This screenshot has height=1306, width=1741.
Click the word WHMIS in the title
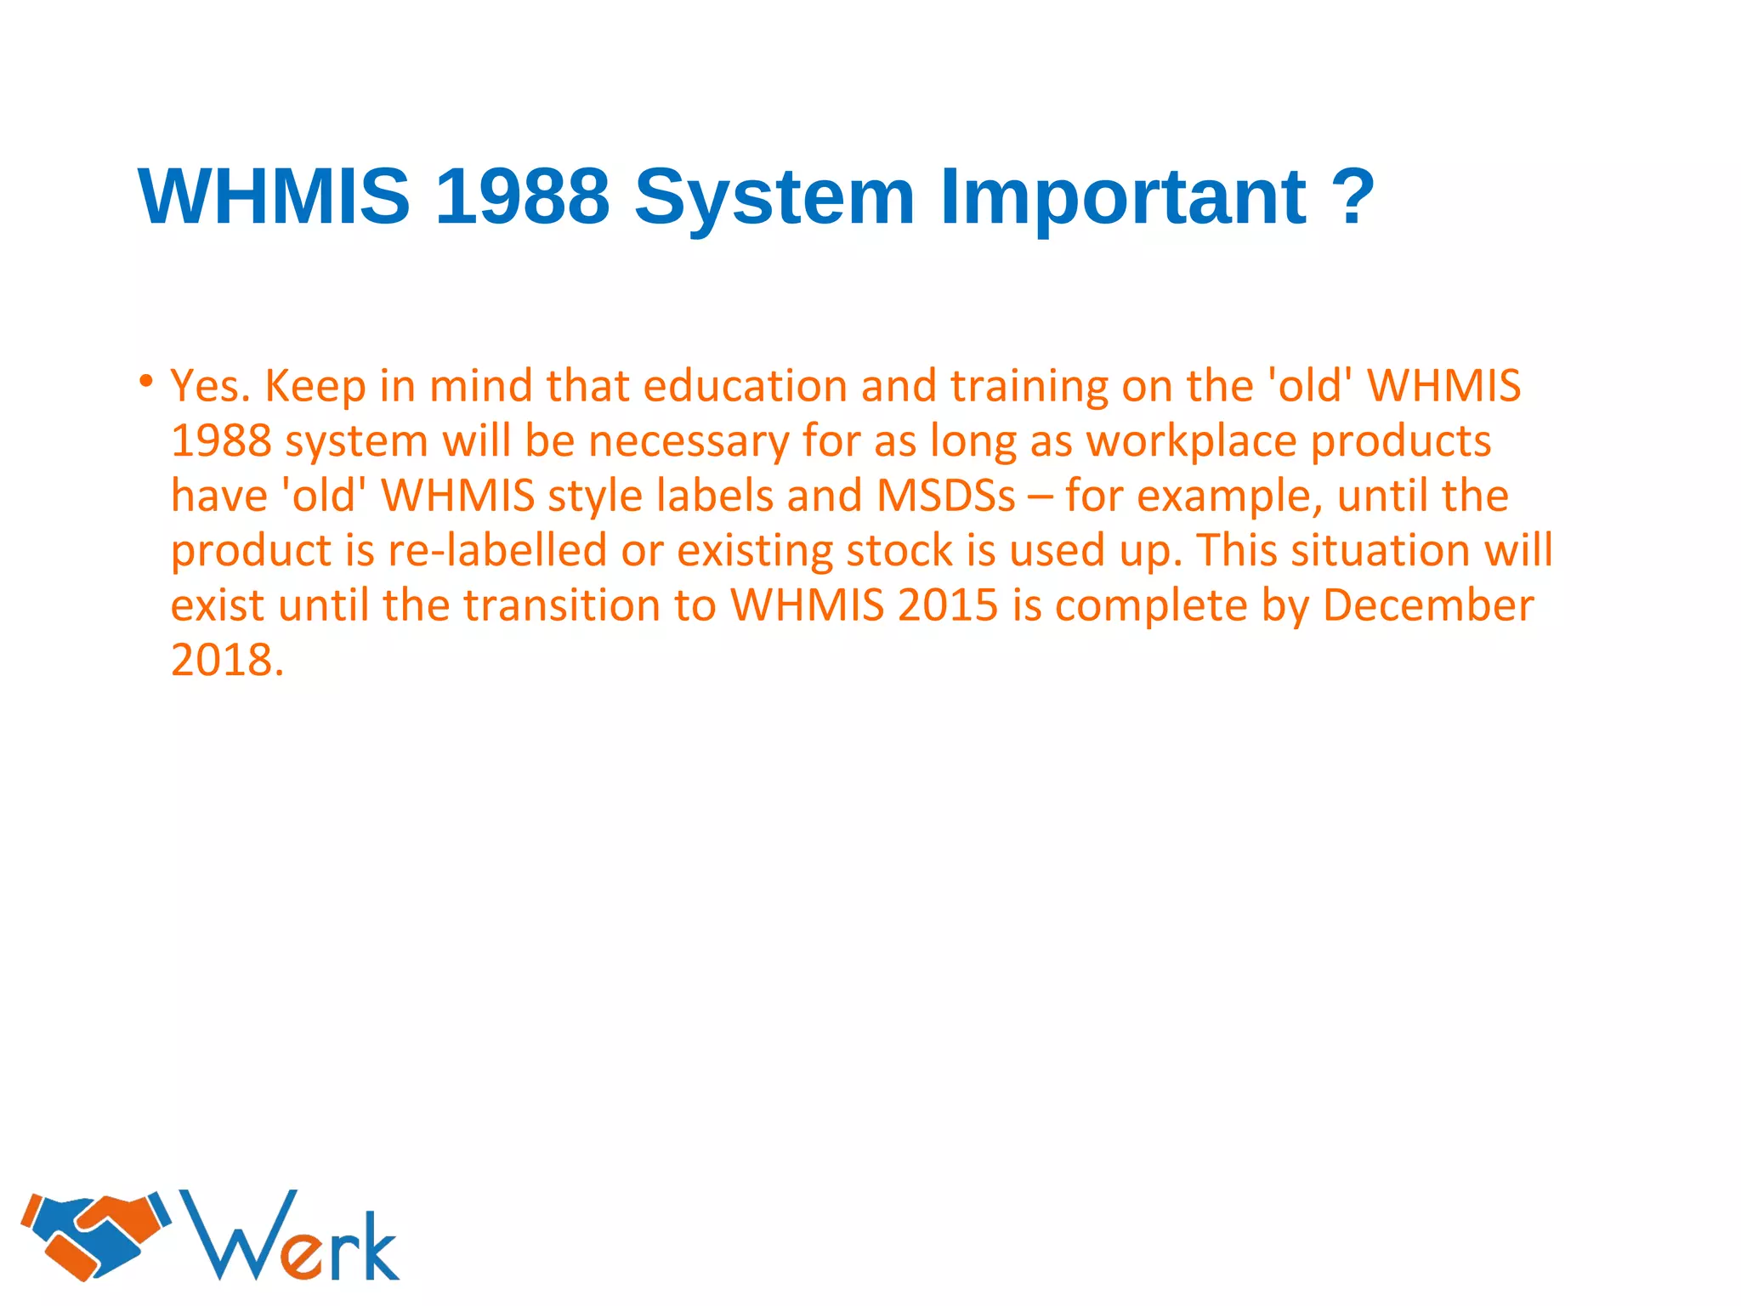click(x=274, y=196)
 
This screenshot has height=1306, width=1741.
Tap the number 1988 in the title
click(x=522, y=196)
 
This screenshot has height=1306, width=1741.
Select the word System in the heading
click(x=774, y=198)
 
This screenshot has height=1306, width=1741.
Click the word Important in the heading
click(x=1123, y=198)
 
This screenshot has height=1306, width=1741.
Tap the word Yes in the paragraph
click(x=210, y=386)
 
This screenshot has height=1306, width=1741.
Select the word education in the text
click(x=745, y=386)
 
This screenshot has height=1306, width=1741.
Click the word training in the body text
click(x=1029, y=388)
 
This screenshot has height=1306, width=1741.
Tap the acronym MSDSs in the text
click(x=945, y=496)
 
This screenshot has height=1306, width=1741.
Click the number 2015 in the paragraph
click(x=946, y=605)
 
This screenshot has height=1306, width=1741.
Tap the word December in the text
click(x=1427, y=605)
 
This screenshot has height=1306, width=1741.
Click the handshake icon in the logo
click(x=95, y=1235)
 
